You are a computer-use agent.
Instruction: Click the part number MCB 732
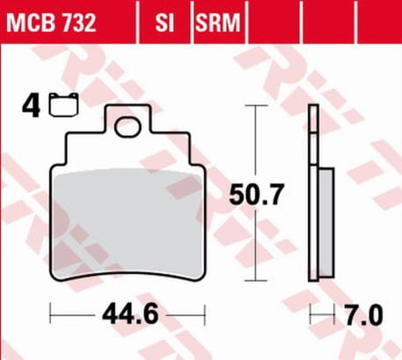[x=51, y=22]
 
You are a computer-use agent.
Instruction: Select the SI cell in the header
[x=164, y=22]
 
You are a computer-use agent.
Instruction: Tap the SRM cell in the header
[x=218, y=22]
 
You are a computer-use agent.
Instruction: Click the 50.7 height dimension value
[x=255, y=195]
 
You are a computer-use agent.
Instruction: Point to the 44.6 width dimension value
[x=130, y=314]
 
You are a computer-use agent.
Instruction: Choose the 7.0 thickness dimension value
[x=364, y=314]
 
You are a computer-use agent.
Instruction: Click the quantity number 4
[x=31, y=105]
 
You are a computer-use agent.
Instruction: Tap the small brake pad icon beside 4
[x=64, y=105]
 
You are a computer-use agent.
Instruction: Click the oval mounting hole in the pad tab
[x=128, y=127]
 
